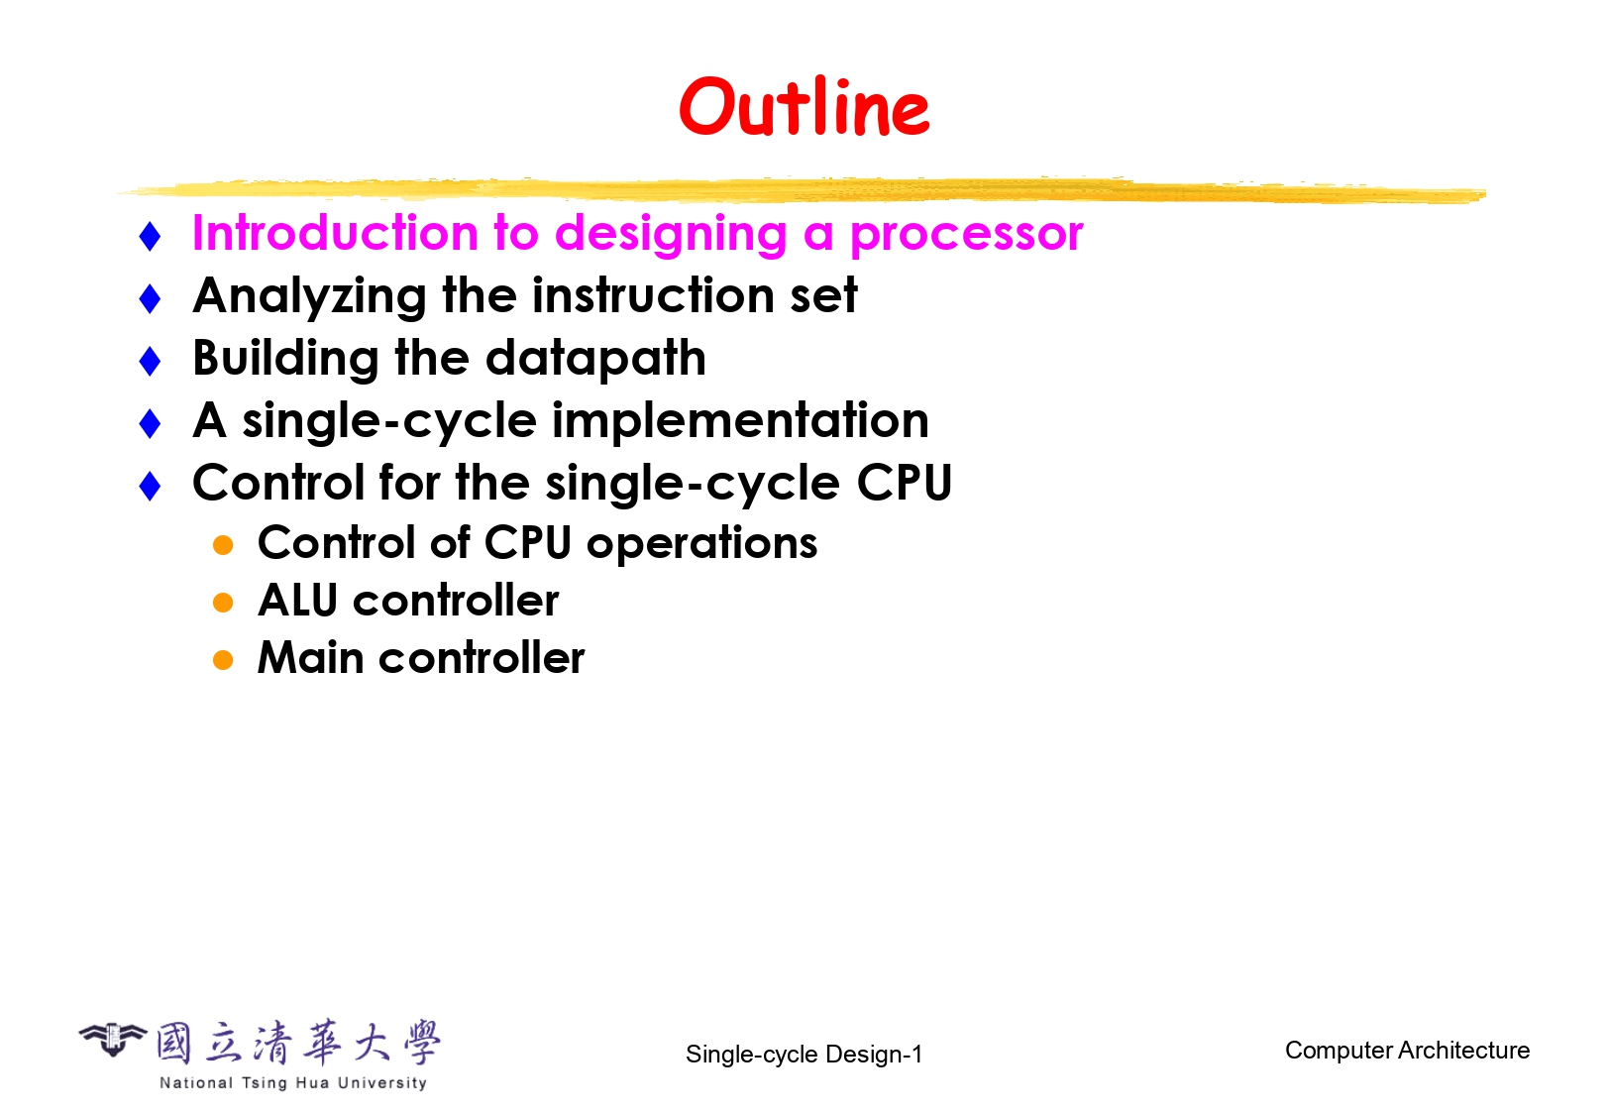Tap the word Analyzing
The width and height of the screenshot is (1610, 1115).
tap(310, 296)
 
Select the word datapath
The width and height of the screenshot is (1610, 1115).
tap(595, 360)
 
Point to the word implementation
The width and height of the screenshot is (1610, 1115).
tap(740, 421)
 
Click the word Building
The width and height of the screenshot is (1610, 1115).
tap(285, 360)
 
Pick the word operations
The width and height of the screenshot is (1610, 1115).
tap(701, 543)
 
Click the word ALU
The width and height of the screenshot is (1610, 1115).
tap(297, 600)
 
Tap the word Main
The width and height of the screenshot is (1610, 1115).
tap(310, 657)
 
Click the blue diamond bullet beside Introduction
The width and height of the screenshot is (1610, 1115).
tap(150, 237)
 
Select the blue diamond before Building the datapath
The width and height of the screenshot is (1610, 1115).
tap(150, 361)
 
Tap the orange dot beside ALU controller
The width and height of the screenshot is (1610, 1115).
tap(223, 603)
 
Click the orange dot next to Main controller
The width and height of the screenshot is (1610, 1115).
tap(223, 660)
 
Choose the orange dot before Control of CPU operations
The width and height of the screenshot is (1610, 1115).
tap(223, 545)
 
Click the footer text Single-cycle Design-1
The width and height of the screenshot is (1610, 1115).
tap(804, 1055)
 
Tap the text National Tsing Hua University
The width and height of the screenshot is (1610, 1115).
tap(293, 1082)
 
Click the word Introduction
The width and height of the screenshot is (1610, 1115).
tap(335, 233)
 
